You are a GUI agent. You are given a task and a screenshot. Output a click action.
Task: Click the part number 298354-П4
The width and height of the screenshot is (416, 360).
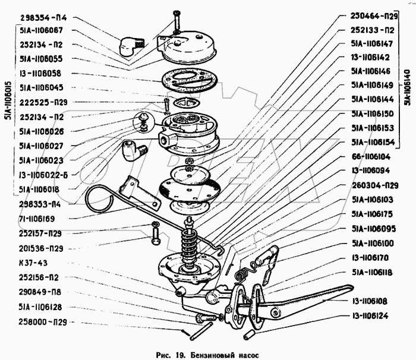(x=43, y=17)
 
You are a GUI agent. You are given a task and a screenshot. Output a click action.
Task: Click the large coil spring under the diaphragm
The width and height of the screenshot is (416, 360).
(x=190, y=244)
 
